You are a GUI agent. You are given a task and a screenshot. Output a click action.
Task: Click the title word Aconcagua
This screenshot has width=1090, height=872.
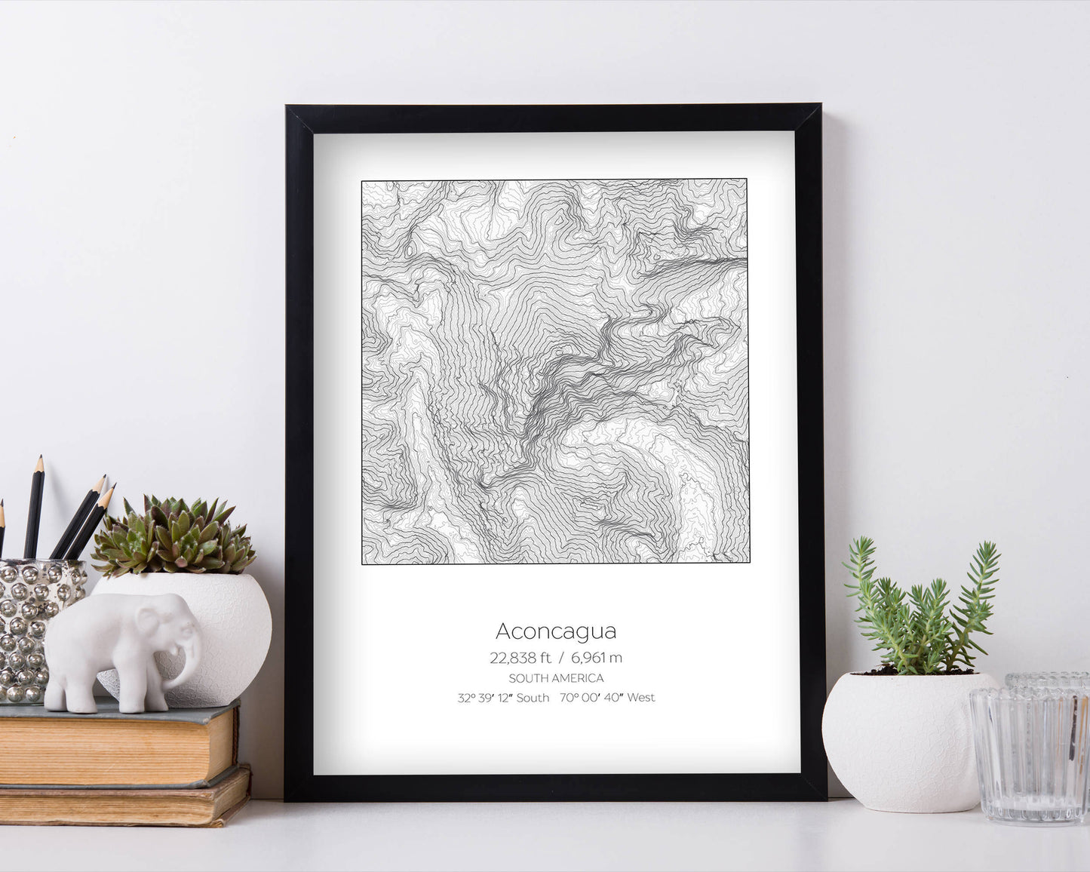(x=556, y=631)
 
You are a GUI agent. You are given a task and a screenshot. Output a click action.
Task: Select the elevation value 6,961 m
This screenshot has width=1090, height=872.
(x=597, y=658)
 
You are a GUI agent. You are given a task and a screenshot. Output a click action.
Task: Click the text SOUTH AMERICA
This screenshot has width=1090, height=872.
(x=556, y=678)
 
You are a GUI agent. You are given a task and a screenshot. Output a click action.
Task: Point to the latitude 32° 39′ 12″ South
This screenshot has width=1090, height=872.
(x=503, y=698)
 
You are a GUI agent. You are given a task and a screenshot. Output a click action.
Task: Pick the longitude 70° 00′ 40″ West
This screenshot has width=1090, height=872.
(x=607, y=698)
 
